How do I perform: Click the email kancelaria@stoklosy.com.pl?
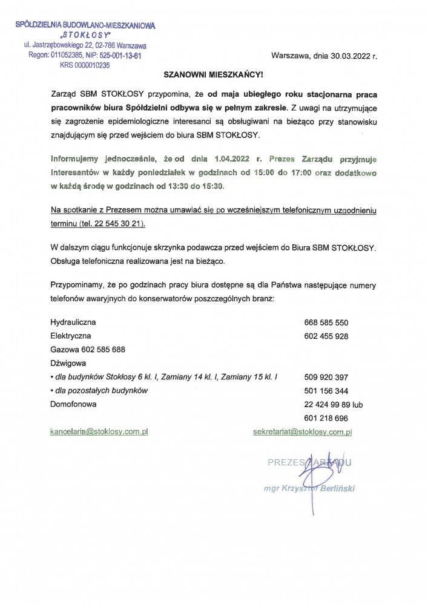100,432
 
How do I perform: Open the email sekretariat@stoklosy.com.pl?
303,432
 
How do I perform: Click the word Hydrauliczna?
73,322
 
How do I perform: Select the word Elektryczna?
70,336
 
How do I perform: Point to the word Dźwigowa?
68,363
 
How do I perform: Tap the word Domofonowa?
73,404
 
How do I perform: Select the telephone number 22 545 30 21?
116,223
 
